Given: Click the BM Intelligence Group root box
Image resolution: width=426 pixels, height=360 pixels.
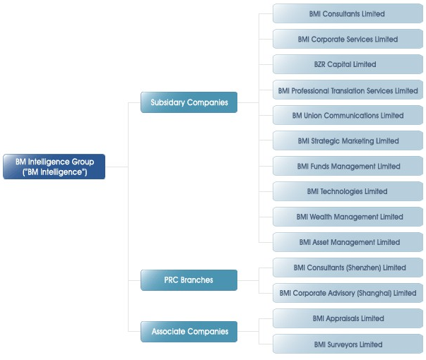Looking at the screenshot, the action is pyautogui.click(x=54, y=167).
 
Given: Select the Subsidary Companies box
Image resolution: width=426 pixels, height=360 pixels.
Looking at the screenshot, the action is pyautogui.click(x=189, y=102).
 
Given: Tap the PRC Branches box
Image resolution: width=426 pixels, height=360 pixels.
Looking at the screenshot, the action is pyautogui.click(x=189, y=280).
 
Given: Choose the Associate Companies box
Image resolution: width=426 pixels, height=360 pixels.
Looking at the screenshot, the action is pyautogui.click(x=189, y=332).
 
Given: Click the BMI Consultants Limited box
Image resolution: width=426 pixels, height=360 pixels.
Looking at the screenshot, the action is pyautogui.click(x=348, y=13).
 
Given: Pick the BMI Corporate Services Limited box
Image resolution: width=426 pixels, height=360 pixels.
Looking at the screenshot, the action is pyautogui.click(x=348, y=39).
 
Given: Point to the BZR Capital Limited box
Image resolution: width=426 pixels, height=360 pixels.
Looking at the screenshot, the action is pyautogui.click(x=348, y=64).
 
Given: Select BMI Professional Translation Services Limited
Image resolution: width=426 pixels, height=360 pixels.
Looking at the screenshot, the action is pyautogui.click(x=348, y=90).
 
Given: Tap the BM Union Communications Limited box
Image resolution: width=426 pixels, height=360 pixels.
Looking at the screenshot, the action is pyautogui.click(x=348, y=115).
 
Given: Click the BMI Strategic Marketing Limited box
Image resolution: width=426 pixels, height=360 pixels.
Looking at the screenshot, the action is pyautogui.click(x=348, y=140).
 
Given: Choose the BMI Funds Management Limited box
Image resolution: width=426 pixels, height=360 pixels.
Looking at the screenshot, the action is pyautogui.click(x=348, y=166).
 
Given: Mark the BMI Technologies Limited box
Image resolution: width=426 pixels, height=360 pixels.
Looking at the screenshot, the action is pyautogui.click(x=348, y=191).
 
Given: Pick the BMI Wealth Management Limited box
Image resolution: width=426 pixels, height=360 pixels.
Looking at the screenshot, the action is pyautogui.click(x=348, y=217).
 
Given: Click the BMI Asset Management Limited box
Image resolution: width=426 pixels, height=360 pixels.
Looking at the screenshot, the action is pyautogui.click(x=348, y=242).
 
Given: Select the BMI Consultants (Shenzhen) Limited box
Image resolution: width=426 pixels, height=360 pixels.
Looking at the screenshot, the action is pyautogui.click(x=348, y=268).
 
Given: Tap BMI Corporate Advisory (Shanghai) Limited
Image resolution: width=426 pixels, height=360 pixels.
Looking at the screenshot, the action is pyautogui.click(x=348, y=293).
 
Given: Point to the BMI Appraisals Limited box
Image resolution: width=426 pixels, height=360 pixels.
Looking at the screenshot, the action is pyautogui.click(x=348, y=318).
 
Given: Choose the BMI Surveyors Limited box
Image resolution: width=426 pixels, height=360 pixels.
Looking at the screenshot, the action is pyautogui.click(x=348, y=344).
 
